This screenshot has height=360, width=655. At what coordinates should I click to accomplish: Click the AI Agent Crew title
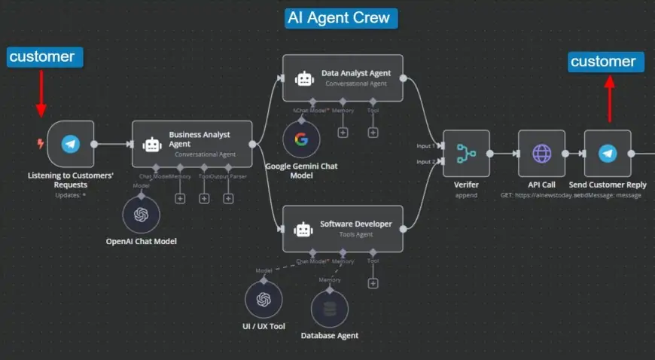[341, 17]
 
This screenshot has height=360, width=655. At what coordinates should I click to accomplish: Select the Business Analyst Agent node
[192, 144]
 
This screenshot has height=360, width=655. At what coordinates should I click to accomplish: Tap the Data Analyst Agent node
[343, 78]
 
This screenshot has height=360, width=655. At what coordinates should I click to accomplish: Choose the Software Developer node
[343, 228]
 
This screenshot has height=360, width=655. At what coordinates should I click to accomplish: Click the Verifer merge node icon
[466, 154]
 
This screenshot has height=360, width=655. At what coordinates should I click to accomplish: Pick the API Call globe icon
[541, 154]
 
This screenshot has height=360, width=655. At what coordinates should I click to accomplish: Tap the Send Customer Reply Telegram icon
[608, 154]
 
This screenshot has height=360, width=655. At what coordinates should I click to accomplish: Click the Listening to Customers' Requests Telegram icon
[71, 144]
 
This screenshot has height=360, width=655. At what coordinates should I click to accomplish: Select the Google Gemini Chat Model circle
[302, 139]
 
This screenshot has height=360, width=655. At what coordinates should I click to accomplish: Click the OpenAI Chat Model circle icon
[142, 215]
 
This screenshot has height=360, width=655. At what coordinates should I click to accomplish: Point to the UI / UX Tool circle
[263, 299]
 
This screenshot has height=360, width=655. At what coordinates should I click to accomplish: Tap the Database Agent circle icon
[329, 308]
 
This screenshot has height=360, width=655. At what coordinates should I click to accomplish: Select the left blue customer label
[43, 56]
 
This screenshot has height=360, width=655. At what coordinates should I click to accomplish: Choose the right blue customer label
[606, 62]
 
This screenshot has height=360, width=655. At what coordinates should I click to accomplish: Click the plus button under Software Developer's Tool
[373, 283]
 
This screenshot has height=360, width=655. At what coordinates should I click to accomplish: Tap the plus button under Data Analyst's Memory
[343, 133]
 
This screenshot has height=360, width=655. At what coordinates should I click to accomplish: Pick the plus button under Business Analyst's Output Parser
[228, 198]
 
